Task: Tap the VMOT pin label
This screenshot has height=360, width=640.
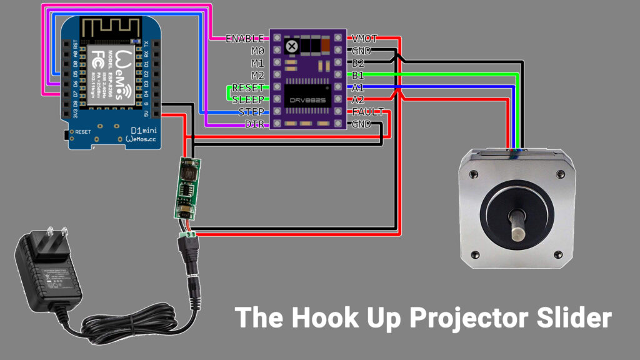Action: (364, 39)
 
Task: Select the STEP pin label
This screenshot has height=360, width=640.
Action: (251, 112)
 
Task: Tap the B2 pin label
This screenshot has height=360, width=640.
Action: (357, 63)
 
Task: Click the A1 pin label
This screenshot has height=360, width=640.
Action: (357, 87)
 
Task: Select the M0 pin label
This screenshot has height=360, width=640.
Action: (257, 51)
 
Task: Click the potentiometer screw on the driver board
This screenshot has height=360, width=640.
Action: (291, 46)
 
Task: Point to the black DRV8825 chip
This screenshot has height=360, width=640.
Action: (309, 94)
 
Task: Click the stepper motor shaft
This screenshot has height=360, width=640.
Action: (517, 224)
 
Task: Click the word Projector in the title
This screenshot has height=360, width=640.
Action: (450, 318)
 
